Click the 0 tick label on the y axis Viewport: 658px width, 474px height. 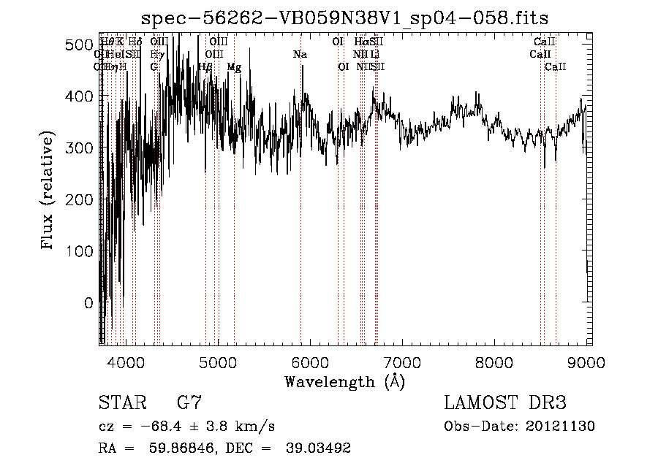pos(88,302)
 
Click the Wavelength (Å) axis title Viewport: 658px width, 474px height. pos(344,381)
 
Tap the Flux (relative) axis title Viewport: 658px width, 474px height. pos(49,191)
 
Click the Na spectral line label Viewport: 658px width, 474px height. pos(300,55)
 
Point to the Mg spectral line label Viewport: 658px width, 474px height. pos(234,67)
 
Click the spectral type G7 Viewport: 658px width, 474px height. pos(189,403)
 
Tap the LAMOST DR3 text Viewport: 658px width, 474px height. pos(505,403)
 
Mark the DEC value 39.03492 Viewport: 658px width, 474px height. pos(318,448)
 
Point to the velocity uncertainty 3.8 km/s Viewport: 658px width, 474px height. pos(243,427)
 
